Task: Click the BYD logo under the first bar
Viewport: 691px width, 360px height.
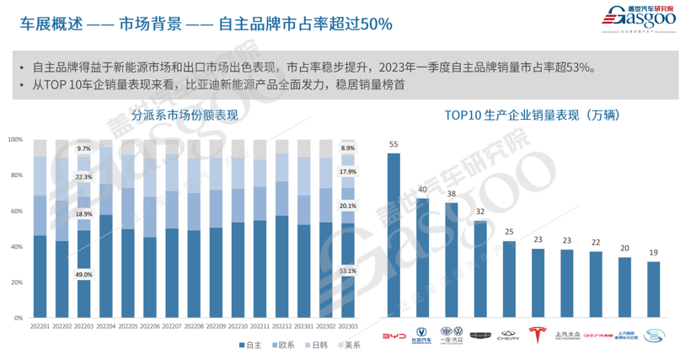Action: (394, 336)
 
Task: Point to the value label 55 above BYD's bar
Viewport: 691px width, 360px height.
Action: (394, 144)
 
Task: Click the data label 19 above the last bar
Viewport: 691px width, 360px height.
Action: (652, 253)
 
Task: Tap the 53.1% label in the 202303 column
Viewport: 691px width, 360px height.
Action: (347, 271)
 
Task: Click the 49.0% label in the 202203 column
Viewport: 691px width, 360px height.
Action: (83, 274)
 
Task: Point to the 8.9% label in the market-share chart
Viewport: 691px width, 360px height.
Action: (347, 148)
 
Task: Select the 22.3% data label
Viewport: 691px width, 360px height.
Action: (83, 177)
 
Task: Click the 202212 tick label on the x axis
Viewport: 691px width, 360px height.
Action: (281, 326)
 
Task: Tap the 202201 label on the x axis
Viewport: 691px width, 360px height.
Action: (40, 326)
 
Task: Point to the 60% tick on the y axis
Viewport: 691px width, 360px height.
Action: (16, 211)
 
